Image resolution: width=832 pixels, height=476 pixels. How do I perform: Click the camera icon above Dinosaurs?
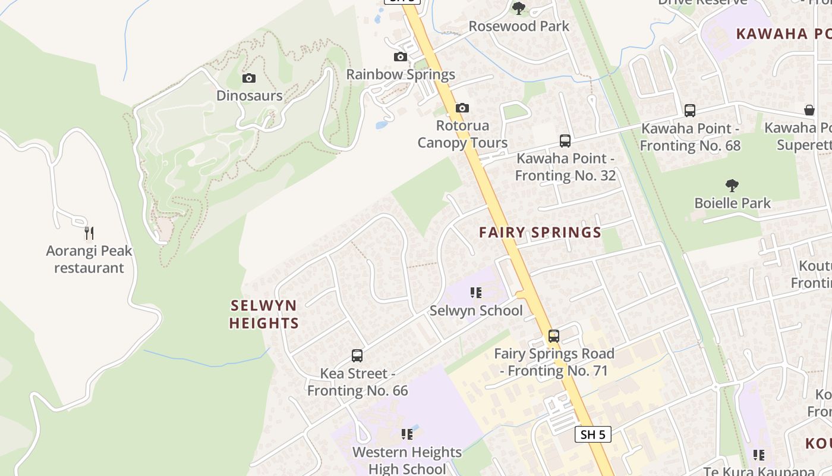pyautogui.click(x=249, y=78)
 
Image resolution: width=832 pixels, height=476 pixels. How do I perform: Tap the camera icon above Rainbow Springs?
pyautogui.click(x=401, y=57)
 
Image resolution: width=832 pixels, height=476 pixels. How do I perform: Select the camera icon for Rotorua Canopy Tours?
pyautogui.click(x=462, y=108)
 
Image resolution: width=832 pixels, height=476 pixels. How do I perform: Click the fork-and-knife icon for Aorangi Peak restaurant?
pyautogui.click(x=89, y=233)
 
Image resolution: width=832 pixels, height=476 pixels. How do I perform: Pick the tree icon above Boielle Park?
pyautogui.click(x=732, y=186)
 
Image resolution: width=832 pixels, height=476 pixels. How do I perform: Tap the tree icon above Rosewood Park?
pyautogui.click(x=519, y=8)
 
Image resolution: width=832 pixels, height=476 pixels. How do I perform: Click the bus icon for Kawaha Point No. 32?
pyautogui.click(x=565, y=141)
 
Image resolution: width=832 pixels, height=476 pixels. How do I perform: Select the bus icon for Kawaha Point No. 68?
pyautogui.click(x=690, y=111)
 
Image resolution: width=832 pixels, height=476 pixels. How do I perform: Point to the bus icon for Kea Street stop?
pyautogui.click(x=357, y=356)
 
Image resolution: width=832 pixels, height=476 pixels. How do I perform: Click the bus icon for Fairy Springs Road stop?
pyautogui.click(x=554, y=336)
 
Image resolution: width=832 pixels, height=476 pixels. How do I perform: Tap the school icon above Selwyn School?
pyautogui.click(x=476, y=292)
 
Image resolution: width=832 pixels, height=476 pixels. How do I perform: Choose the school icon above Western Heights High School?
pyautogui.click(x=407, y=434)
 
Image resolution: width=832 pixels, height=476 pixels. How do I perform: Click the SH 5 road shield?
pyautogui.click(x=593, y=434)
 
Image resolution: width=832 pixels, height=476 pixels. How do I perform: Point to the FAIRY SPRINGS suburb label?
pyautogui.click(x=540, y=233)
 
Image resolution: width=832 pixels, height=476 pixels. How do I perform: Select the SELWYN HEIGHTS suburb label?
pyautogui.click(x=264, y=314)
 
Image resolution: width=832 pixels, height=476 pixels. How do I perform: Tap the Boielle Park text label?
pyautogui.click(x=733, y=203)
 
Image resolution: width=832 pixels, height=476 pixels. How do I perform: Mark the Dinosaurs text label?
pyautogui.click(x=249, y=95)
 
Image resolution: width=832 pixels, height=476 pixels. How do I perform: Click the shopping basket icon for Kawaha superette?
pyautogui.click(x=809, y=110)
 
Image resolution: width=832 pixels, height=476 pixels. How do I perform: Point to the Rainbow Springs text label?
pyautogui.click(x=401, y=74)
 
